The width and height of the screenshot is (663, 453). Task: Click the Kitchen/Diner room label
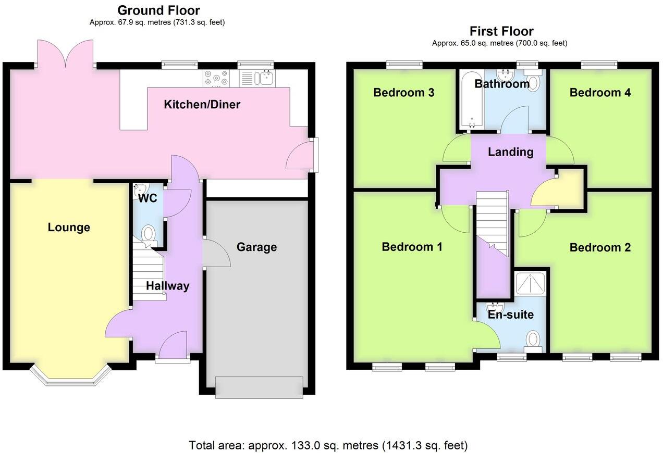(202, 105)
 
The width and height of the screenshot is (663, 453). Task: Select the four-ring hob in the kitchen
(217, 78)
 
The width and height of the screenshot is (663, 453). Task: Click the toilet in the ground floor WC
(149, 233)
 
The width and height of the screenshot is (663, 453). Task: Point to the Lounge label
(69, 228)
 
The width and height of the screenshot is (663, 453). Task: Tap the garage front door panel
(259, 387)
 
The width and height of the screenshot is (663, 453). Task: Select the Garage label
(256, 247)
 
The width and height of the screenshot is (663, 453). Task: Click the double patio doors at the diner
(66, 55)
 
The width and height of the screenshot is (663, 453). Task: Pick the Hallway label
(167, 286)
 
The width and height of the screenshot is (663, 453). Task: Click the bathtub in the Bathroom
(471, 102)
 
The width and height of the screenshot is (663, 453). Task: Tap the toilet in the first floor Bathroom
(534, 83)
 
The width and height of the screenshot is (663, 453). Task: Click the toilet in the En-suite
(533, 339)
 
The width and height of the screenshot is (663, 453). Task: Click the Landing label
(510, 152)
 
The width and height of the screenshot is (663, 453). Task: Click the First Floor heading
(501, 31)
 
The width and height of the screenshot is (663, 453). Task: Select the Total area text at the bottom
(328, 445)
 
